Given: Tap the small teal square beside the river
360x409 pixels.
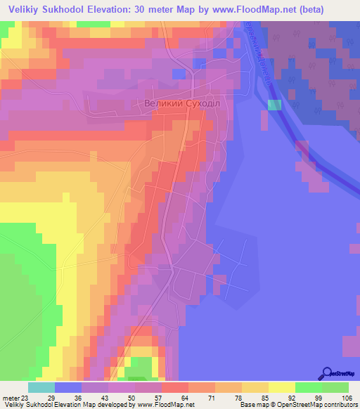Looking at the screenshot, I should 274,105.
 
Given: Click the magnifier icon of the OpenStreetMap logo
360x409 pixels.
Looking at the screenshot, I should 327,373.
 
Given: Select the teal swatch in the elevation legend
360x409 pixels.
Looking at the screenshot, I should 41,387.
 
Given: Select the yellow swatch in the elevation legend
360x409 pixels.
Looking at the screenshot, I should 281,387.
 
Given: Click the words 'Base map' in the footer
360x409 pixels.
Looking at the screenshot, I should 252,405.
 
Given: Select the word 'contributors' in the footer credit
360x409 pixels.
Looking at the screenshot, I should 338,405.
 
